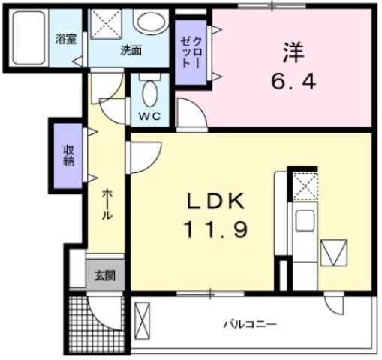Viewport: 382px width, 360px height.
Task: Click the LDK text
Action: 216,200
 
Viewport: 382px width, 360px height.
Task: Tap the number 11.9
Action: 215,227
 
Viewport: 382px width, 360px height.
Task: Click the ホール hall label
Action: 107,204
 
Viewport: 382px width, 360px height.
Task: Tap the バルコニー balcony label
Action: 250,325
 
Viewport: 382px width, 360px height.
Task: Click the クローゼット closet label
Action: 188,54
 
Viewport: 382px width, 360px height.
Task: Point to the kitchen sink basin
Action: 305,221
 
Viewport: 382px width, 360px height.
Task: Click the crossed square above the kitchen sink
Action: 305,186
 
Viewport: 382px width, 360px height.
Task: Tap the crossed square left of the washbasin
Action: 109,24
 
